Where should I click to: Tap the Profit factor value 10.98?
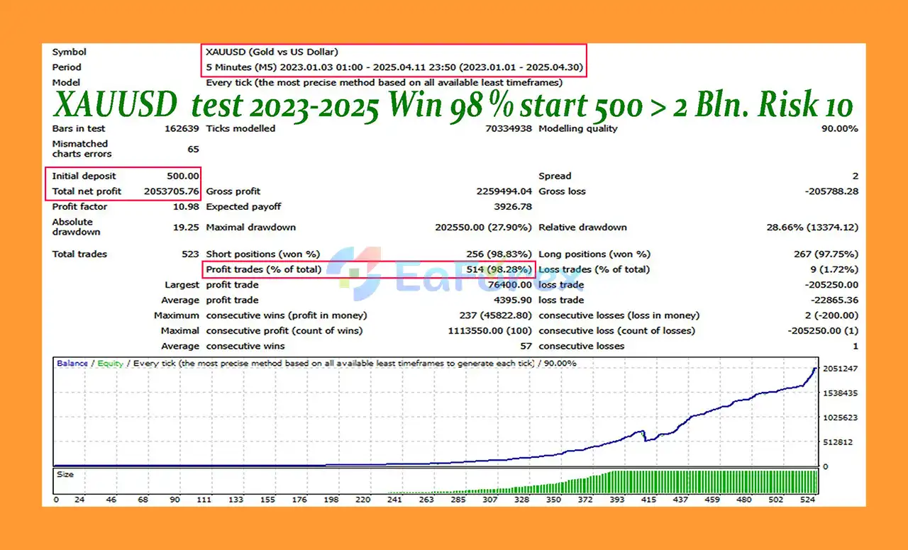coord(187,207)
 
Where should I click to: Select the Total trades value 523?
coord(190,254)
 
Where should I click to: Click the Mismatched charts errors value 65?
coord(193,149)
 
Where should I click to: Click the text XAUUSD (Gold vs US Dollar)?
coord(272,52)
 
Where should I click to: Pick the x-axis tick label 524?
coord(807,500)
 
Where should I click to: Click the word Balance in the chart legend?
coord(72,364)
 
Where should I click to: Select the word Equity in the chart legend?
coord(110,364)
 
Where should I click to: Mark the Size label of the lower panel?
coord(65,474)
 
